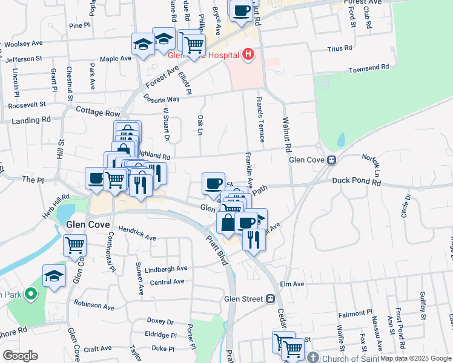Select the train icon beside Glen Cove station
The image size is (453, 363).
(x=332, y=160)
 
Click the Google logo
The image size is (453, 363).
(x=20, y=355)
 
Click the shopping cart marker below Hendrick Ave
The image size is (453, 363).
(x=75, y=245)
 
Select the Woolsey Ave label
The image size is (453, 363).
(x=22, y=44)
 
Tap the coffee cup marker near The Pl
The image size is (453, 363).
(x=96, y=178)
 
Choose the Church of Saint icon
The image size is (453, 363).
(x=312, y=357)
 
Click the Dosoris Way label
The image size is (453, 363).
(x=162, y=99)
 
